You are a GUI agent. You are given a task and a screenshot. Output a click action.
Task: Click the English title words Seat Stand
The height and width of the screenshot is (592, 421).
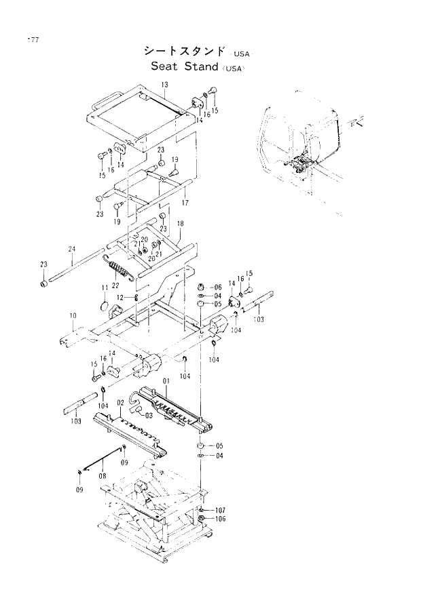184,66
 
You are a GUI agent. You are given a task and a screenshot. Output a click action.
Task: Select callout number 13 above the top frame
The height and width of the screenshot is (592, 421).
164,84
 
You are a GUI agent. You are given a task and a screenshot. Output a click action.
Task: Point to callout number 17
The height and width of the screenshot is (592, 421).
185,203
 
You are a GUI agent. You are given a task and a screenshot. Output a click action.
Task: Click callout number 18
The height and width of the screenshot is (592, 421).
180,224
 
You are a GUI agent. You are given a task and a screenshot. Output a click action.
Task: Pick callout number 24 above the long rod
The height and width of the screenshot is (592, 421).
71,250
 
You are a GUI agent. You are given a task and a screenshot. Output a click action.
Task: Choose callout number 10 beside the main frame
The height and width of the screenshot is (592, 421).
73,316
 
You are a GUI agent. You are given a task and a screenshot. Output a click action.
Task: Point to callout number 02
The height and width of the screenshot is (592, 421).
120,403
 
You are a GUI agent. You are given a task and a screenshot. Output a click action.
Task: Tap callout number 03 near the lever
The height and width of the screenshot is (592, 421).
148,415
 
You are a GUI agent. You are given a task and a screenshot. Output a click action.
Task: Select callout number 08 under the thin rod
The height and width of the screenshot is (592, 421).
102,476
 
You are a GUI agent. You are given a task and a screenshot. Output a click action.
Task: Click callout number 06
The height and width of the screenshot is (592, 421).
217,287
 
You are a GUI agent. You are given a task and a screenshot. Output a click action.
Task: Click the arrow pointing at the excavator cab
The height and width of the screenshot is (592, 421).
359,123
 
